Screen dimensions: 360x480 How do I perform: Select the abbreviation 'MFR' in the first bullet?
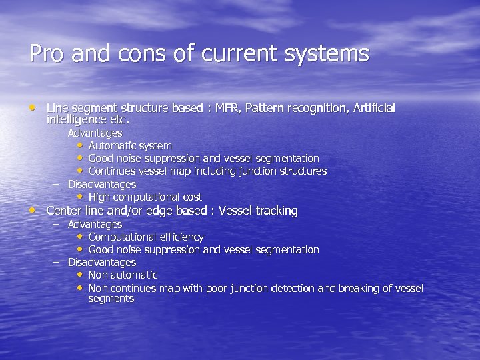click(221, 108)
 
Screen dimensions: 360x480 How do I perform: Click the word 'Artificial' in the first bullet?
click(370, 108)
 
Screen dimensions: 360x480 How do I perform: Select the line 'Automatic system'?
click(129, 145)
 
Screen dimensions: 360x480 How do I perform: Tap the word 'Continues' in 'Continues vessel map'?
click(111, 171)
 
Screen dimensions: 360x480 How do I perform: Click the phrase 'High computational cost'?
click(145, 197)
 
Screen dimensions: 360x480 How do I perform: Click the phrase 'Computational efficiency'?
click(145, 237)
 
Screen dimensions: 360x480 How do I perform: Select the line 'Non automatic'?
click(123, 275)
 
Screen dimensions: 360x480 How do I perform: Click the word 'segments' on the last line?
click(111, 299)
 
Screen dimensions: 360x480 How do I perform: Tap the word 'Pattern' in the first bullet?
click(265, 108)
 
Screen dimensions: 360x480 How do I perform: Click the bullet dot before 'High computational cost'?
click(80, 197)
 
